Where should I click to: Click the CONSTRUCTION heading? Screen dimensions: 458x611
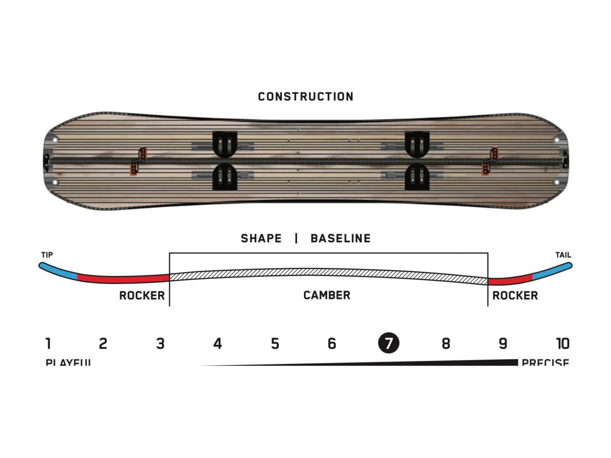[x=305, y=97]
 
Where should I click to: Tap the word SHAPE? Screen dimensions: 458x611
[x=261, y=239]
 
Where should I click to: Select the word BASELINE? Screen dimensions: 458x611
[x=340, y=239]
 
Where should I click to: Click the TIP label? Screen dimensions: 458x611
[x=47, y=255]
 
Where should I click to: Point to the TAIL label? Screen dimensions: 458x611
[x=563, y=255]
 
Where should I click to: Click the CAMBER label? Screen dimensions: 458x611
[x=327, y=295]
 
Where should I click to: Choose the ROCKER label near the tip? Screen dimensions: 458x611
[x=142, y=296]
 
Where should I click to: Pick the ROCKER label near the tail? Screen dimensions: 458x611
[x=515, y=296]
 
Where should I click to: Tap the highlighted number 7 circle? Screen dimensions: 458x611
[x=388, y=343]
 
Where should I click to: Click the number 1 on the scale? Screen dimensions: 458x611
[x=48, y=343]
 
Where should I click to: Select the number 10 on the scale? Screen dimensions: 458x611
[x=563, y=343]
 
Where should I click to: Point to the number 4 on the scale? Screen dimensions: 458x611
[x=217, y=343]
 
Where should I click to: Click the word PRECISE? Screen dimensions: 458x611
[x=545, y=362]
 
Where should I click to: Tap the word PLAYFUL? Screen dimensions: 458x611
[x=68, y=362]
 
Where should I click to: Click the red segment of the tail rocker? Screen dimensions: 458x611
[x=510, y=280]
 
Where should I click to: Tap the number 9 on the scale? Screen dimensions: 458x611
[x=503, y=343]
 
